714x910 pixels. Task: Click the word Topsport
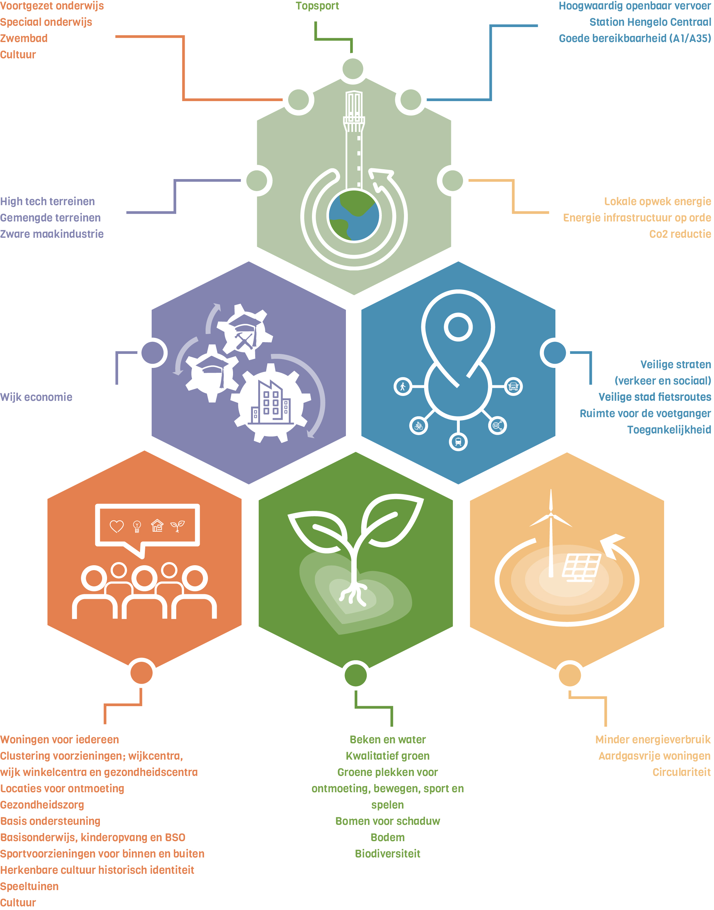pos(317,6)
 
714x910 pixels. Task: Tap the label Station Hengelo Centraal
pos(650,22)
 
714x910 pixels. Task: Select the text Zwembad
pos(24,38)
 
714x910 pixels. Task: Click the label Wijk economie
pos(36,397)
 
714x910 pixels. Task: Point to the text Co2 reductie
pos(680,234)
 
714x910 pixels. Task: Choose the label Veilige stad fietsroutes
pos(654,397)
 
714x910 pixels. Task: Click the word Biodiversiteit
pos(388,854)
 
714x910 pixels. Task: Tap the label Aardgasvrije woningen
pos(654,756)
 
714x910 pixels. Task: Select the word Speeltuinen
pos(29,886)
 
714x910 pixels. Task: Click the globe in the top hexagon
pos(354,216)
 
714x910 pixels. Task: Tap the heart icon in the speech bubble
pos(116,526)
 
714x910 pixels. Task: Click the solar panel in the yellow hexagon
pos(582,566)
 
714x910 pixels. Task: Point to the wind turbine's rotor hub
pos(551,514)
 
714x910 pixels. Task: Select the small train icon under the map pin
pos(458,442)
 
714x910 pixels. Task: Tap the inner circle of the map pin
pos(458,327)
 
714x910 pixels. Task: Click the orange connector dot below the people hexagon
pos(141,673)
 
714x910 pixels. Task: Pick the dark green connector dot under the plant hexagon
pos(355,675)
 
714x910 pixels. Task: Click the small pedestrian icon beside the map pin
pos(403,387)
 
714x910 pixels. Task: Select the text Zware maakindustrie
pos(52,234)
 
